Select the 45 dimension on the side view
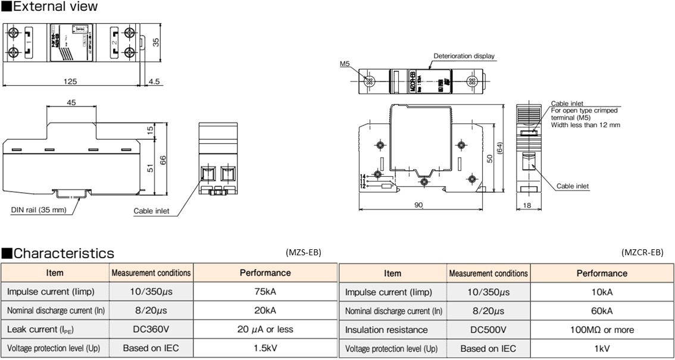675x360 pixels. (71, 102)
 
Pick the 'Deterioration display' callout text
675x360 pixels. (464, 56)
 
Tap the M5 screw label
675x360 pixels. (345, 62)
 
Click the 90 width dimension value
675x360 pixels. (418, 205)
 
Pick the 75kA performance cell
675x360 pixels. (265, 292)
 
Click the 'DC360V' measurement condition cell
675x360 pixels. (151, 329)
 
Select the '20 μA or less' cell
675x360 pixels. (265, 329)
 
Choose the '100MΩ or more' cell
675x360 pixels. (602, 330)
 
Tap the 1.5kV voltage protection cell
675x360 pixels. (265, 349)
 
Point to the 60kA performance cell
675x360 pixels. (602, 311)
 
